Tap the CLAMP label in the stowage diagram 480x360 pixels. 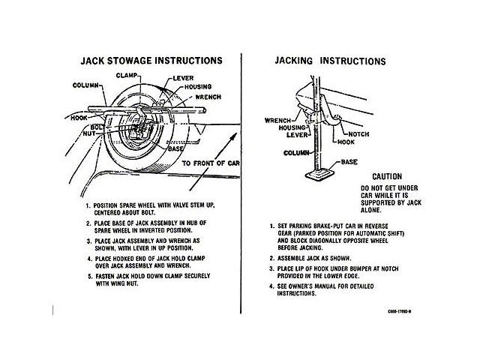pyautogui.click(x=130, y=76)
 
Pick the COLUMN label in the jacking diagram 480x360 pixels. pyautogui.click(x=277, y=151)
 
